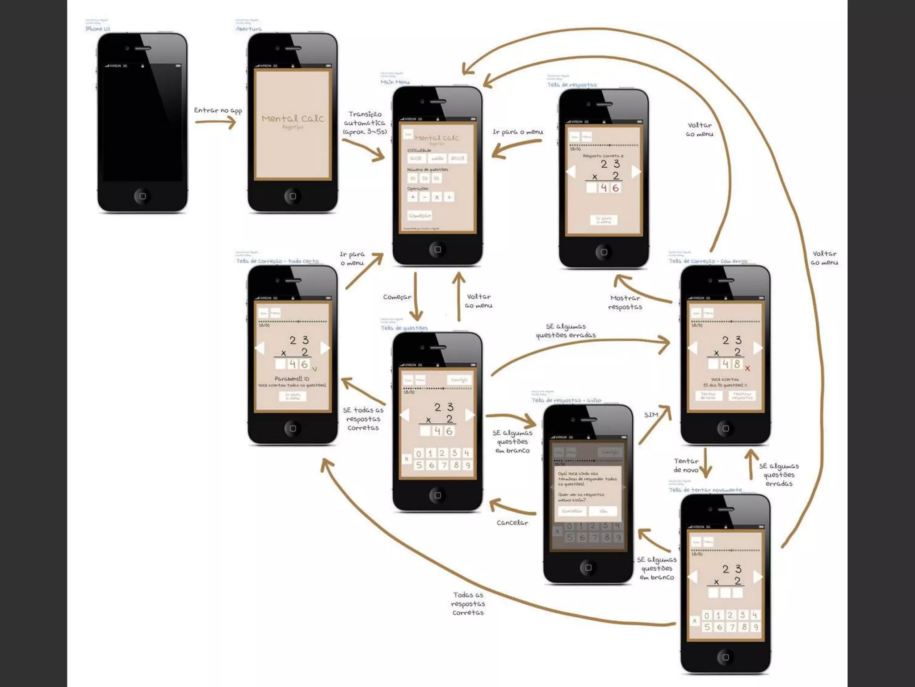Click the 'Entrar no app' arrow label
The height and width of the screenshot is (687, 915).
click(218, 110)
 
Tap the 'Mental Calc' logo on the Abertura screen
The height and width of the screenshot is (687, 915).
click(293, 119)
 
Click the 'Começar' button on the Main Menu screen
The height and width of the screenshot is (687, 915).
click(420, 216)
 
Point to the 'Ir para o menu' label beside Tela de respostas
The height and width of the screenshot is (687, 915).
click(517, 132)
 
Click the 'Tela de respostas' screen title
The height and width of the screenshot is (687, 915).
click(571, 85)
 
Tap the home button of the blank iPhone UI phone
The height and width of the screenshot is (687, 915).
click(143, 196)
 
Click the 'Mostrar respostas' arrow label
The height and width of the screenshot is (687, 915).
click(625, 302)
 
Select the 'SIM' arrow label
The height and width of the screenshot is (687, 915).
click(651, 415)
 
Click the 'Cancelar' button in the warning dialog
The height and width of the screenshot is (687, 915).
click(571, 511)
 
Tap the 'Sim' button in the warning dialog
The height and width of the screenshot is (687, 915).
click(603, 511)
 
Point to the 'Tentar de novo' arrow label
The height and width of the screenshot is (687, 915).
click(686, 465)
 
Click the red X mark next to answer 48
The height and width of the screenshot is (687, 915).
click(747, 369)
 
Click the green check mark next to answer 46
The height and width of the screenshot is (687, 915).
click(315, 369)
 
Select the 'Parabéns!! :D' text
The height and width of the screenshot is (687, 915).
click(292, 379)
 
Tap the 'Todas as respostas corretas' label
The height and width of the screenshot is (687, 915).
click(468, 603)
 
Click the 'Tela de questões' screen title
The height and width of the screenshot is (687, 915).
click(404, 328)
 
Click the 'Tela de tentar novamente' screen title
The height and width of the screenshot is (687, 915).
click(705, 490)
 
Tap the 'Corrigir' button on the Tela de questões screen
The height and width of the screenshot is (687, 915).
click(459, 380)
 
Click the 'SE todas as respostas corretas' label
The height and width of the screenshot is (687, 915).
click(363, 419)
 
